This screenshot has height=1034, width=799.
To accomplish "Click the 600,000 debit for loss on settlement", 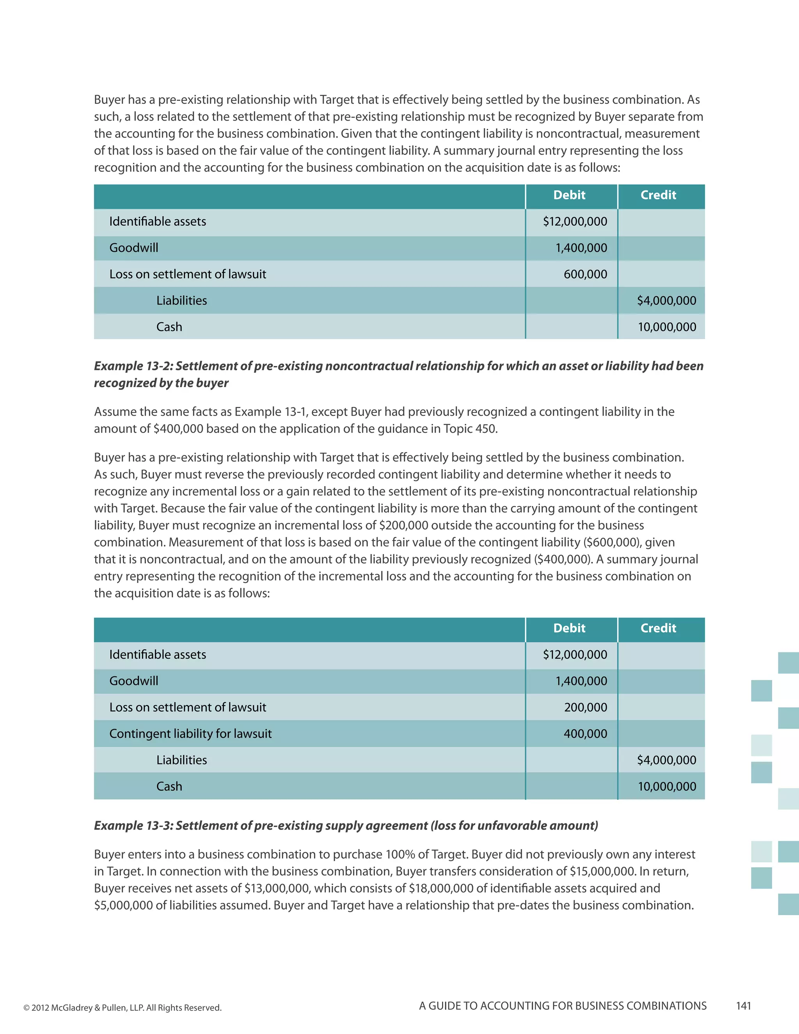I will (585, 274).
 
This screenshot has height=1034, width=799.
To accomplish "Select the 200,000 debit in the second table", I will (585, 707).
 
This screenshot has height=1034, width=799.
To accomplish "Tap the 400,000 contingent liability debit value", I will (585, 734).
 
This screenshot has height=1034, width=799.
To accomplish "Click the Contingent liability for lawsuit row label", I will (190, 734).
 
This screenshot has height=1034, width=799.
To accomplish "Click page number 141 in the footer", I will (743, 1006).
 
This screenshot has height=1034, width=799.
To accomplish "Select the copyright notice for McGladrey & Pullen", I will (123, 1007).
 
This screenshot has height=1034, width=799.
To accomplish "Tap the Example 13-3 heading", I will (346, 826).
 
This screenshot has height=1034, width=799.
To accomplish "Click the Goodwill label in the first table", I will (133, 248).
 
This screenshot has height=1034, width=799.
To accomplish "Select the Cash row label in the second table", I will (169, 786).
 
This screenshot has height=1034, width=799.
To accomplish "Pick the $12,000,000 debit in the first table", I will (575, 222).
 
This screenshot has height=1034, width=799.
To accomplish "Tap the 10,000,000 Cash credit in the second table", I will (666, 786).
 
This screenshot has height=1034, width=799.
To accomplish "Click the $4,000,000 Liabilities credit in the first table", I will (666, 300).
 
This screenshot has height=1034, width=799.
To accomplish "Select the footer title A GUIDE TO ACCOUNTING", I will (562, 1006).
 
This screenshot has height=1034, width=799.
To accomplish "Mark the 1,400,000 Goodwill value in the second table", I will (581, 681).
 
